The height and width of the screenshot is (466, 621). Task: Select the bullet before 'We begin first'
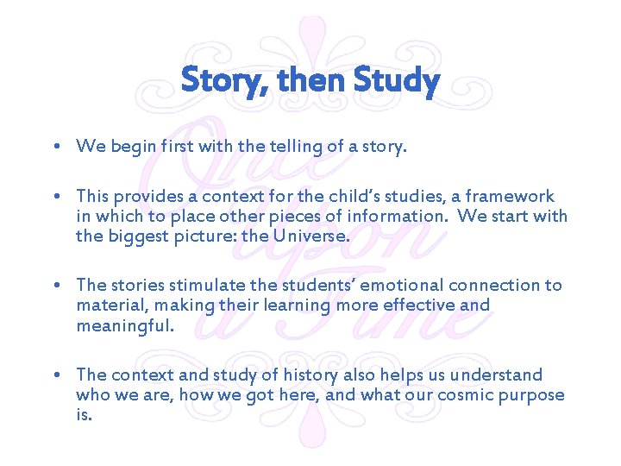(56, 147)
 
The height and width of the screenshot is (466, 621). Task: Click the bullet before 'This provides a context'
(56, 197)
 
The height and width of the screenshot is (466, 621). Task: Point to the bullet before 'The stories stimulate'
(56, 286)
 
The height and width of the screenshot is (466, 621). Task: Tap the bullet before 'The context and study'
(56, 375)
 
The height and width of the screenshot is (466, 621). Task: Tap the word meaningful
(125, 325)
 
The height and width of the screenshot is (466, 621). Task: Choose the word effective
(417, 305)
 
